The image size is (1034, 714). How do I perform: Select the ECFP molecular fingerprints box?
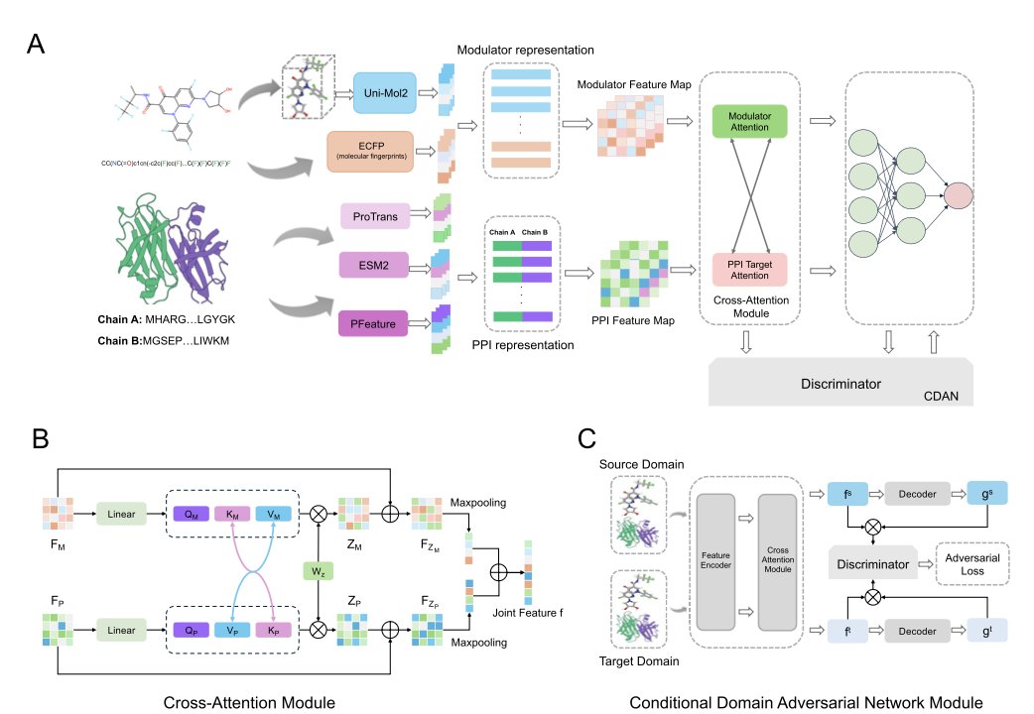coord(368,153)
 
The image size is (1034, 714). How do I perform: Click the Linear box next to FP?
coord(121,629)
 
